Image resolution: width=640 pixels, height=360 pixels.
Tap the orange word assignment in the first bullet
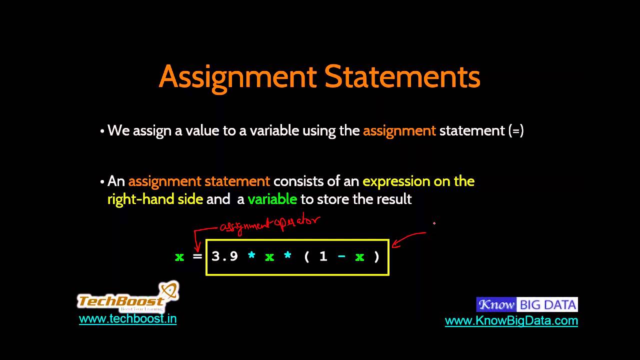[399, 131]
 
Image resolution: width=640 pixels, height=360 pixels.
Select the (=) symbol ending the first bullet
[515, 131]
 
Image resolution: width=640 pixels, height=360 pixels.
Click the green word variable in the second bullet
[272, 199]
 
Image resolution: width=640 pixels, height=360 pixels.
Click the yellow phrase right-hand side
[155, 199]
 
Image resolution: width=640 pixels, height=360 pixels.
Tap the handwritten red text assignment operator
[270, 224]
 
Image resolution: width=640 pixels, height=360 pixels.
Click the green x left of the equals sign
[179, 257]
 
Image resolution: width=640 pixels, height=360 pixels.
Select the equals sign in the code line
[197, 257]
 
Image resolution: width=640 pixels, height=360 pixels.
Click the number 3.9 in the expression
[224, 256]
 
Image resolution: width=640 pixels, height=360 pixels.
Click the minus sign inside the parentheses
[341, 256]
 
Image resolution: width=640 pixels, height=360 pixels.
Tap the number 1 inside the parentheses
[323, 256]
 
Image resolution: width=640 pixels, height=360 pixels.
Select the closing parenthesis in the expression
[377, 257]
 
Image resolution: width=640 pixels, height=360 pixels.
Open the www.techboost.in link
[127, 319]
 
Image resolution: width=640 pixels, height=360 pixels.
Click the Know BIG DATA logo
[527, 304]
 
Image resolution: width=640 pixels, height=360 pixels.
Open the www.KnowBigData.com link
[511, 321]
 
